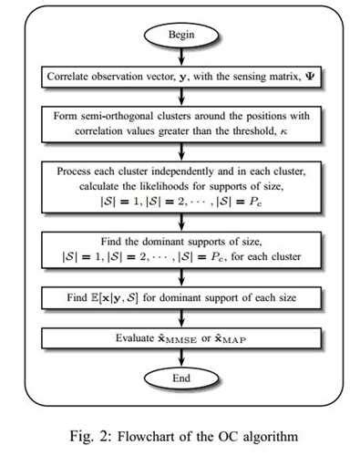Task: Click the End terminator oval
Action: click(179, 377)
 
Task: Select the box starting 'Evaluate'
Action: click(180, 338)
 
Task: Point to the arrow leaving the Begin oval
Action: click(179, 57)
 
